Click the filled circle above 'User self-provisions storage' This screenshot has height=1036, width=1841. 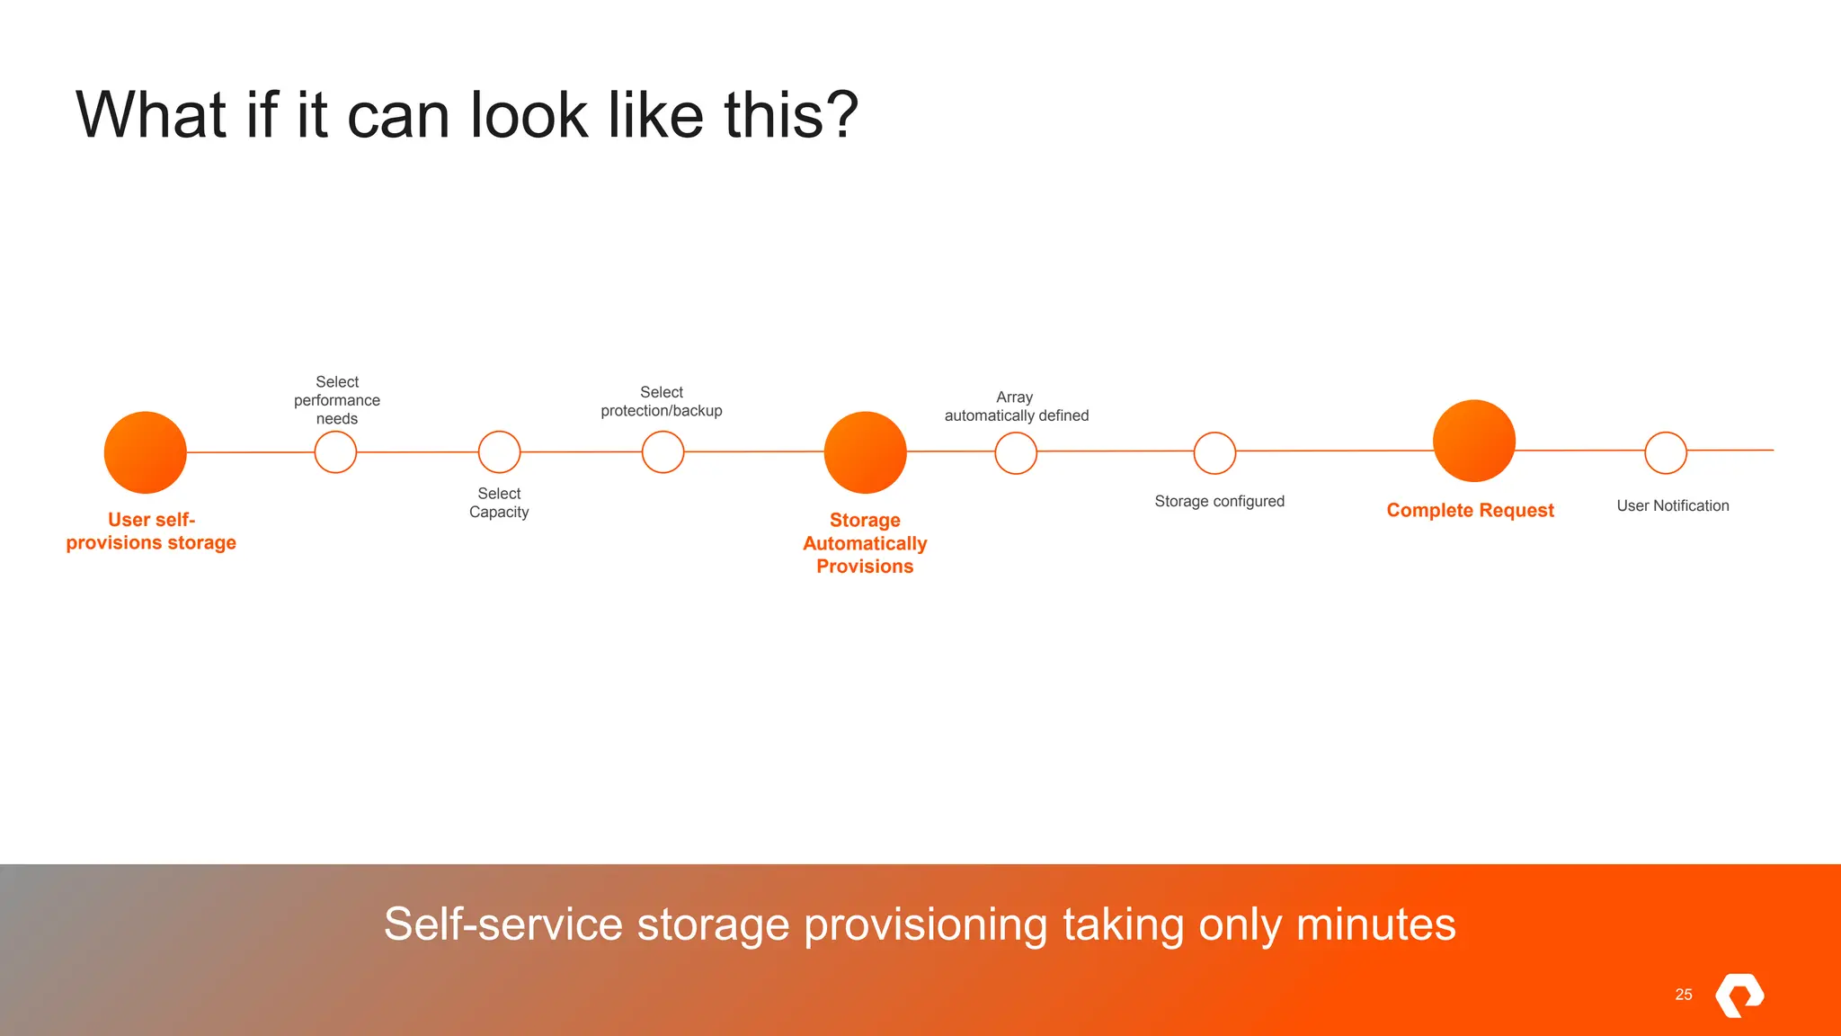[x=146, y=452]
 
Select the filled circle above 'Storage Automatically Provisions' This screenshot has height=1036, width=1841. [x=865, y=452]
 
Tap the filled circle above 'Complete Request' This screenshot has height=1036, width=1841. [x=1474, y=441]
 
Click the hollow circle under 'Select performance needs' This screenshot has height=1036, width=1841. [x=335, y=452]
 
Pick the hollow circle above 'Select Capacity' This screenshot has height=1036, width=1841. [x=499, y=452]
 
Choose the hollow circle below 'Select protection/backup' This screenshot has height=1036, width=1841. [x=663, y=452]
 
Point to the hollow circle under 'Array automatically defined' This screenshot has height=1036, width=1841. [x=1016, y=452]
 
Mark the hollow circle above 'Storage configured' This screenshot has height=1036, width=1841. [x=1214, y=452]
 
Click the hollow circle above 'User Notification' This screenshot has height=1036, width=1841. [x=1666, y=452]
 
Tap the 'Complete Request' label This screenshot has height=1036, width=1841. [x=1470, y=510]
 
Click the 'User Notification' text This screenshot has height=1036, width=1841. [x=1672, y=505]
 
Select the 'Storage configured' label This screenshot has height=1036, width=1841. [x=1219, y=501]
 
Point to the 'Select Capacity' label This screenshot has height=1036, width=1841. [x=499, y=503]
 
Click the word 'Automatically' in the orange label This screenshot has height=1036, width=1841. [x=865, y=543]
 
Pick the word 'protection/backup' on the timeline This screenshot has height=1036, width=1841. [x=661, y=411]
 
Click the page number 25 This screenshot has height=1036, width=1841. [x=1684, y=994]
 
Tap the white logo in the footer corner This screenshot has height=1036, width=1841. [x=1739, y=995]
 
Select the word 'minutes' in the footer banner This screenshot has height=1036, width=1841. [x=1375, y=924]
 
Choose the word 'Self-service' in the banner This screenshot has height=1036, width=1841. [x=502, y=924]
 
